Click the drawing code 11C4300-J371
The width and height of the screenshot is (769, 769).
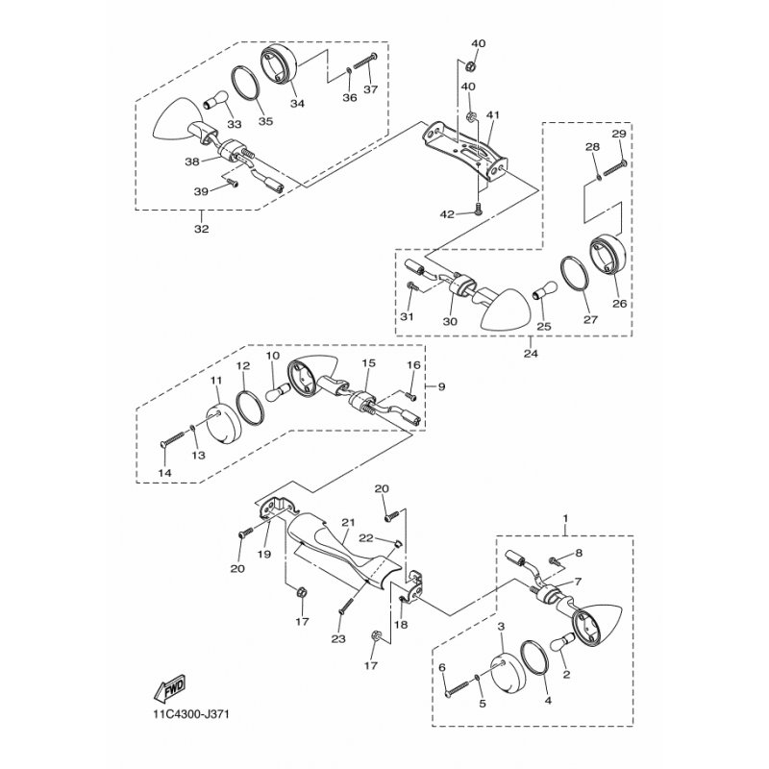click(191, 713)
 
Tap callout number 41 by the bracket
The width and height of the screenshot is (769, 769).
click(493, 114)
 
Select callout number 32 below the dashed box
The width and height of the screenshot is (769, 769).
click(202, 229)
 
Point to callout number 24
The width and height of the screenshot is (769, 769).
click(531, 353)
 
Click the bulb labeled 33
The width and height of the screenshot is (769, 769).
click(215, 100)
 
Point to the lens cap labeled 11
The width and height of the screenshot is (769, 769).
click(224, 421)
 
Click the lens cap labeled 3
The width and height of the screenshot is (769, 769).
click(509, 671)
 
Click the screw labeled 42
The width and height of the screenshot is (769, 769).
click(478, 210)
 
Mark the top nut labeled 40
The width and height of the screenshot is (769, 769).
click(468, 64)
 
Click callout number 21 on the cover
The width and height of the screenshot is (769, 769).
click(348, 523)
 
